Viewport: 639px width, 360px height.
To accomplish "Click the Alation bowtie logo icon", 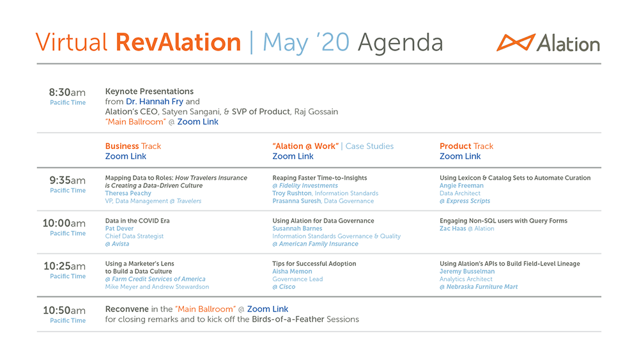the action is tap(516, 42).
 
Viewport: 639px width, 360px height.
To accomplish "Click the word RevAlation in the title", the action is tap(178, 42).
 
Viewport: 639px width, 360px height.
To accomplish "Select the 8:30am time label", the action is tap(67, 92).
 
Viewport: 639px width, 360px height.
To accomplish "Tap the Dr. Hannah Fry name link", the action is tap(155, 102).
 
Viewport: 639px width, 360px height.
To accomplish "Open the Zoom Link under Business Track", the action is tap(125, 156).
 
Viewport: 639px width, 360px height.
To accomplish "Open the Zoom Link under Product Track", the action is tap(460, 156).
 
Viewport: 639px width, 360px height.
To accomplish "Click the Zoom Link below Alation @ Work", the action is tap(293, 156).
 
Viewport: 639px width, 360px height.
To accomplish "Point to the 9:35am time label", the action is tap(67, 180).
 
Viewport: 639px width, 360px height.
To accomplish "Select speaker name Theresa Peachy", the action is tap(128, 193).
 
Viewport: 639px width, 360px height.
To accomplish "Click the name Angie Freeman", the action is tap(461, 185).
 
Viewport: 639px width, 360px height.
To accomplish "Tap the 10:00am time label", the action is tap(64, 223).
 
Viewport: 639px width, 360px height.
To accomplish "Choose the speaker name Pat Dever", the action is tap(119, 228).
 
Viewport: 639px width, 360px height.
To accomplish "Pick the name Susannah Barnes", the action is tap(298, 228).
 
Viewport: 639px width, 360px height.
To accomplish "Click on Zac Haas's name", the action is tap(453, 228).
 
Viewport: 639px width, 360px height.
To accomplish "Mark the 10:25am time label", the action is tap(65, 266).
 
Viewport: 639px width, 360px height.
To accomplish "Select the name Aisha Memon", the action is tap(292, 271).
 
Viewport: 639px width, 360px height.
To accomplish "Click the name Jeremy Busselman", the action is tap(467, 271).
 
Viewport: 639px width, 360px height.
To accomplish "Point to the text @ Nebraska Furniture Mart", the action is tap(479, 286).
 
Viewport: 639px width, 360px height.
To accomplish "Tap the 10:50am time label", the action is tap(65, 310).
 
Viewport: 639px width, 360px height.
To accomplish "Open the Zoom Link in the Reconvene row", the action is tap(268, 309).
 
